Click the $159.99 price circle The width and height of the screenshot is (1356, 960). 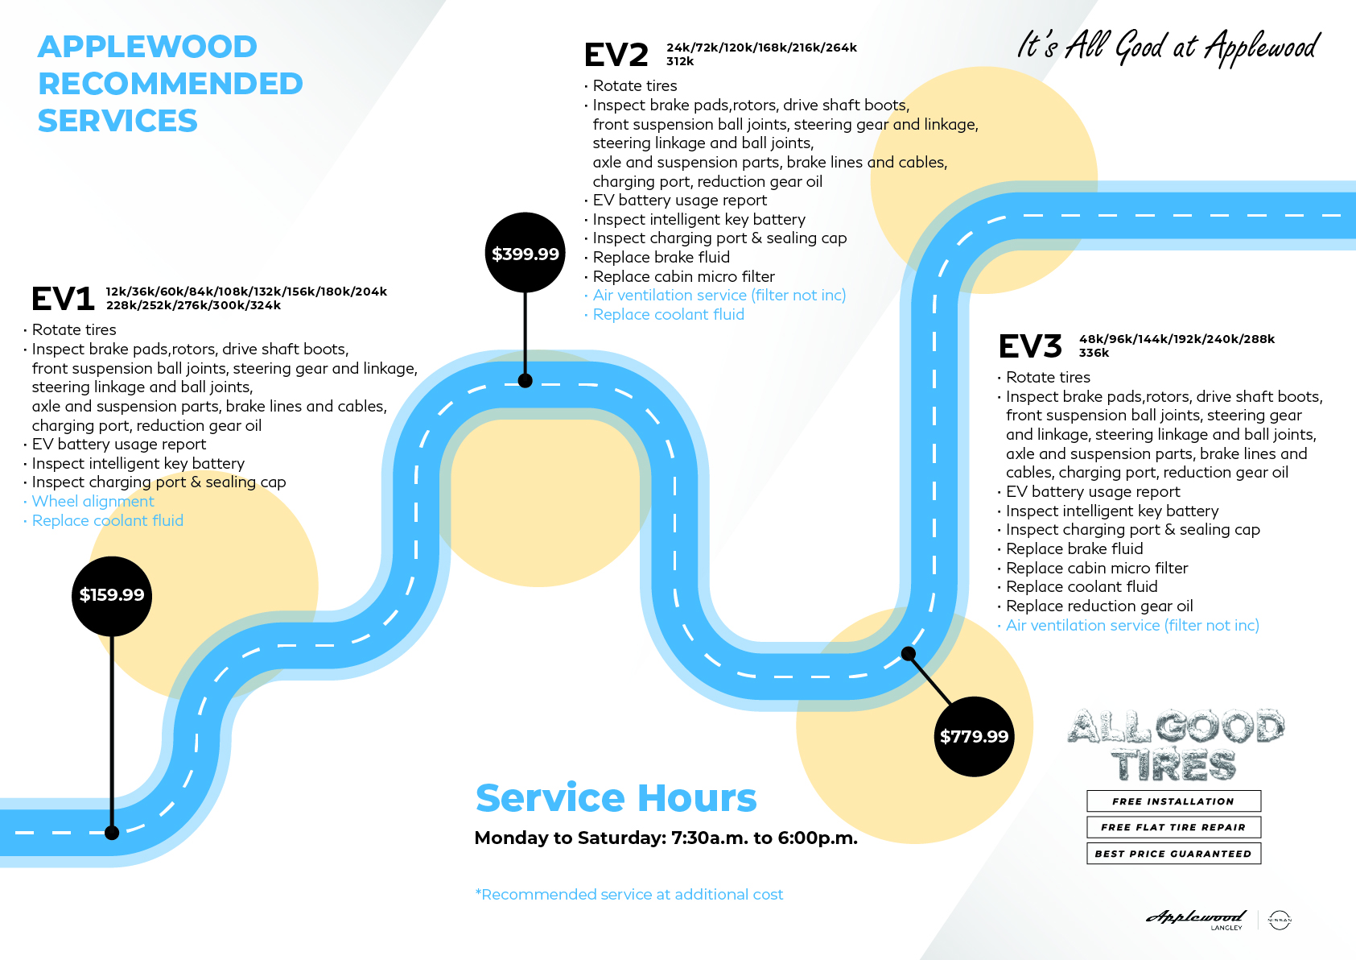click(x=112, y=595)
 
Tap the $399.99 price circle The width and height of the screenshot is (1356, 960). click(x=526, y=253)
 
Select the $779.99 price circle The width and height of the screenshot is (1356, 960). click(x=974, y=736)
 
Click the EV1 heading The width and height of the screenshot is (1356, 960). click(x=63, y=299)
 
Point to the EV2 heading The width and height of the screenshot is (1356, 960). click(x=616, y=55)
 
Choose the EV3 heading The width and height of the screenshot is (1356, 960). click(x=1030, y=346)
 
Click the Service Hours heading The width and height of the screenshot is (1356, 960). click(x=616, y=797)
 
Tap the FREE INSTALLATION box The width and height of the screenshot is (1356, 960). click(x=1173, y=801)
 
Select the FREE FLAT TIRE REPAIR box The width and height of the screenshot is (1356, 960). click(x=1173, y=827)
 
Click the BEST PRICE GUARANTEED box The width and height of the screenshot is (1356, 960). click(x=1173, y=854)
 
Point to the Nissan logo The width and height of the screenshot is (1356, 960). click(x=1279, y=920)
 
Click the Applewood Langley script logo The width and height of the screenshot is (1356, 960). click(x=1197, y=918)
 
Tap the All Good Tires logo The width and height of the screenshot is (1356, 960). click(x=1175, y=745)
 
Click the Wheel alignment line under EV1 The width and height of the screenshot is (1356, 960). click(x=93, y=502)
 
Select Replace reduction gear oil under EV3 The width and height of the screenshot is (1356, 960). click(x=1099, y=606)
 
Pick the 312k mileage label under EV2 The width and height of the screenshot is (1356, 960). click(x=680, y=62)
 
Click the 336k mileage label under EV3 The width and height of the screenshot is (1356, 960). click(x=1094, y=354)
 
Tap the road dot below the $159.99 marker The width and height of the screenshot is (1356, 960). click(x=112, y=833)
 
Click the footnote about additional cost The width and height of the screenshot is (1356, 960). click(x=629, y=895)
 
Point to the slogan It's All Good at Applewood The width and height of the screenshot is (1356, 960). click(x=1168, y=47)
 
